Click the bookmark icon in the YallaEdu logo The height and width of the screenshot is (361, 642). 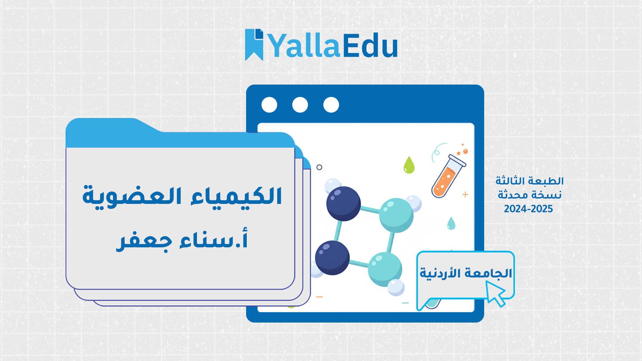click(x=254, y=44)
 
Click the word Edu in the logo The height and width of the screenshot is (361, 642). click(x=370, y=46)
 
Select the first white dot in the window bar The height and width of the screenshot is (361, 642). click(x=269, y=105)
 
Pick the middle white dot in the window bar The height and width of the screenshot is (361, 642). click(x=300, y=105)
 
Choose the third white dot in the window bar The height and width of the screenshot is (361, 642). click(x=331, y=105)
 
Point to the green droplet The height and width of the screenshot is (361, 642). click(x=409, y=165)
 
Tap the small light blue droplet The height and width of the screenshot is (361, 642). click(x=451, y=223)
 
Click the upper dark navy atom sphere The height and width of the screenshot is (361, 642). click(x=343, y=204)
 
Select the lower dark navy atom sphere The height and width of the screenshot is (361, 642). click(x=332, y=258)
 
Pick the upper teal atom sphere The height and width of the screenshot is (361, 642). click(x=396, y=215)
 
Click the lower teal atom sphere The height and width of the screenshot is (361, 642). click(x=385, y=269)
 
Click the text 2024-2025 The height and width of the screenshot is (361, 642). click(x=528, y=209)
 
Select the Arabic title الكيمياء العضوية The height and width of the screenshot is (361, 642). click(x=182, y=196)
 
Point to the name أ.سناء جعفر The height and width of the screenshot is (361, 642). click(x=182, y=240)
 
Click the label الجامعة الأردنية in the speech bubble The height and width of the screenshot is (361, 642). click(x=466, y=273)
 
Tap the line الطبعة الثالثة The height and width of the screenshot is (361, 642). click(x=529, y=181)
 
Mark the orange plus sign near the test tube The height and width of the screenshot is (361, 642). click(x=465, y=195)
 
